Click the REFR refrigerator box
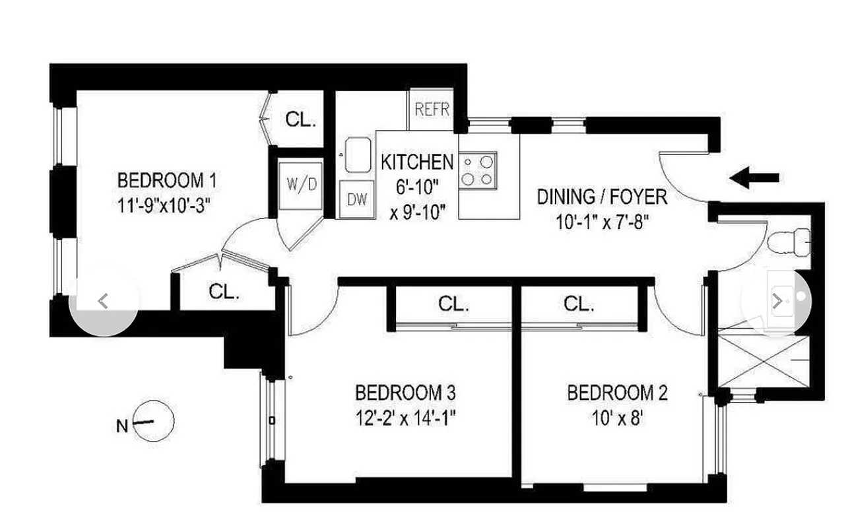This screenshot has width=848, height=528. (x=432, y=109)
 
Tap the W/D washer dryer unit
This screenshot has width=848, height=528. (x=300, y=185)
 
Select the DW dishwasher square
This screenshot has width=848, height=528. (x=357, y=199)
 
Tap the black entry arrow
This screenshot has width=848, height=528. (x=754, y=178)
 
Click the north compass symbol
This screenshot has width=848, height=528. (x=153, y=421)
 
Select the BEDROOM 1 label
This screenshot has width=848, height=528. (x=166, y=180)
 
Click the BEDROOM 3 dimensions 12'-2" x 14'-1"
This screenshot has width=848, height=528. (x=405, y=417)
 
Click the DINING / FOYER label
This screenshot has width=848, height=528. (x=601, y=197)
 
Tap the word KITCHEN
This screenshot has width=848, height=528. (x=417, y=162)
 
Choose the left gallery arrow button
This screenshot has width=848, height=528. (x=104, y=302)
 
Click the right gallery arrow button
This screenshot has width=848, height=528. (x=777, y=302)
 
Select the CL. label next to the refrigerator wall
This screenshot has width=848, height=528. (x=301, y=119)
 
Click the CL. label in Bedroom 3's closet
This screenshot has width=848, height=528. (x=453, y=304)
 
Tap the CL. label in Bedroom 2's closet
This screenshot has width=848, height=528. (x=579, y=304)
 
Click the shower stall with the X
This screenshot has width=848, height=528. (x=762, y=361)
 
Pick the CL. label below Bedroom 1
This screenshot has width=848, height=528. (x=224, y=292)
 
